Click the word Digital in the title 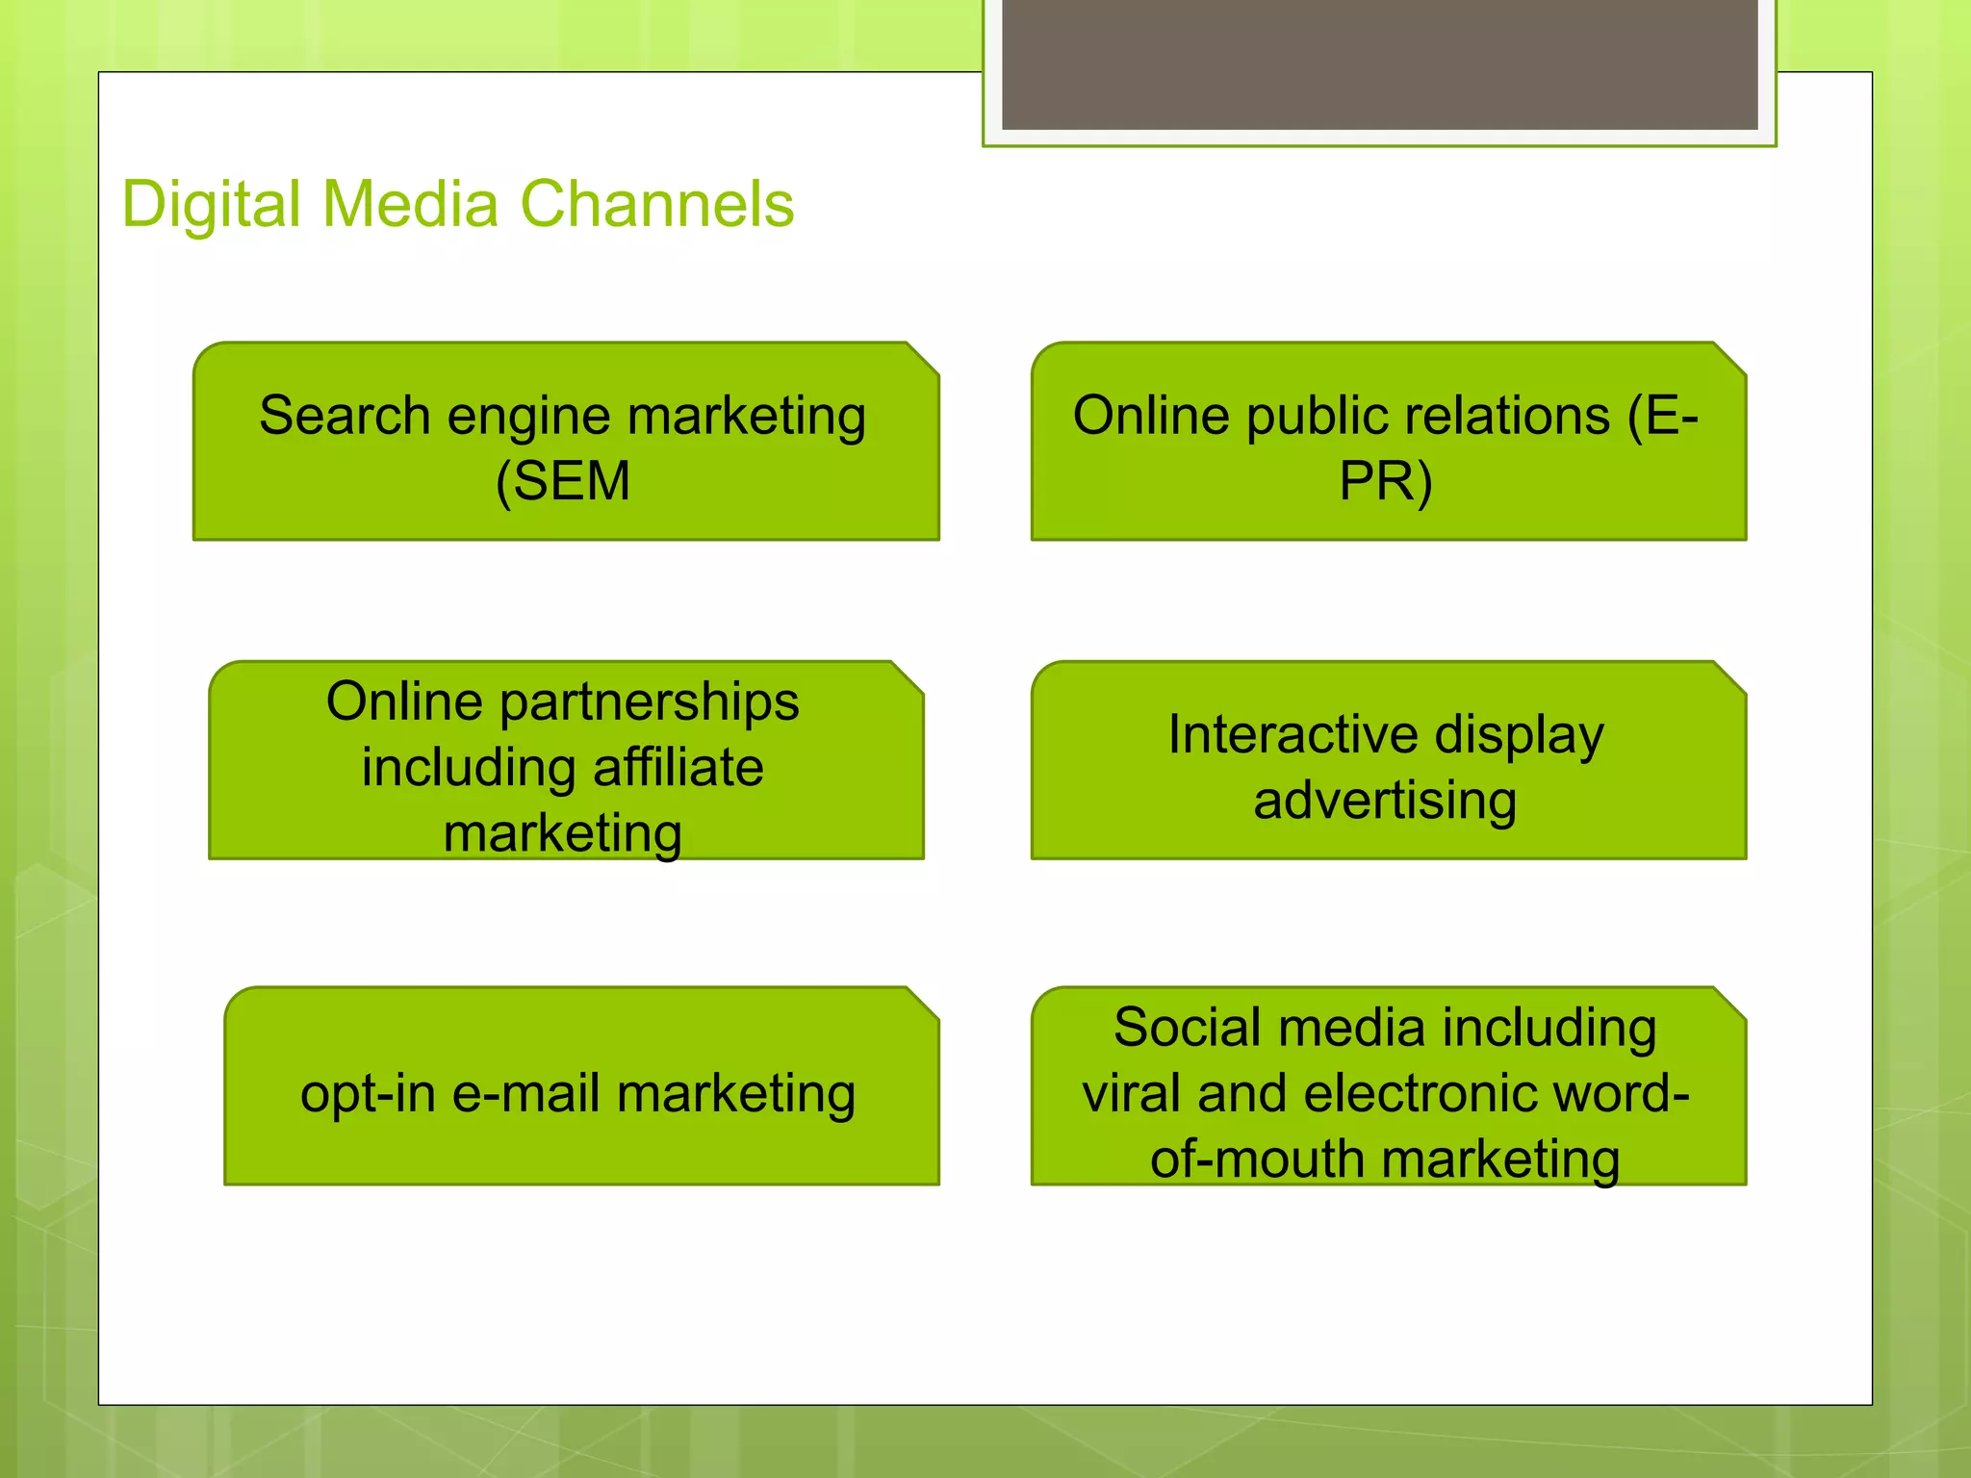212,205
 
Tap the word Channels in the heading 657,205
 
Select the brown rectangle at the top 1379,64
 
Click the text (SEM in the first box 563,481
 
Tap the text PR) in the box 1386,481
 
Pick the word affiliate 678,768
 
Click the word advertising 1386,802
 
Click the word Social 1187,1028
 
